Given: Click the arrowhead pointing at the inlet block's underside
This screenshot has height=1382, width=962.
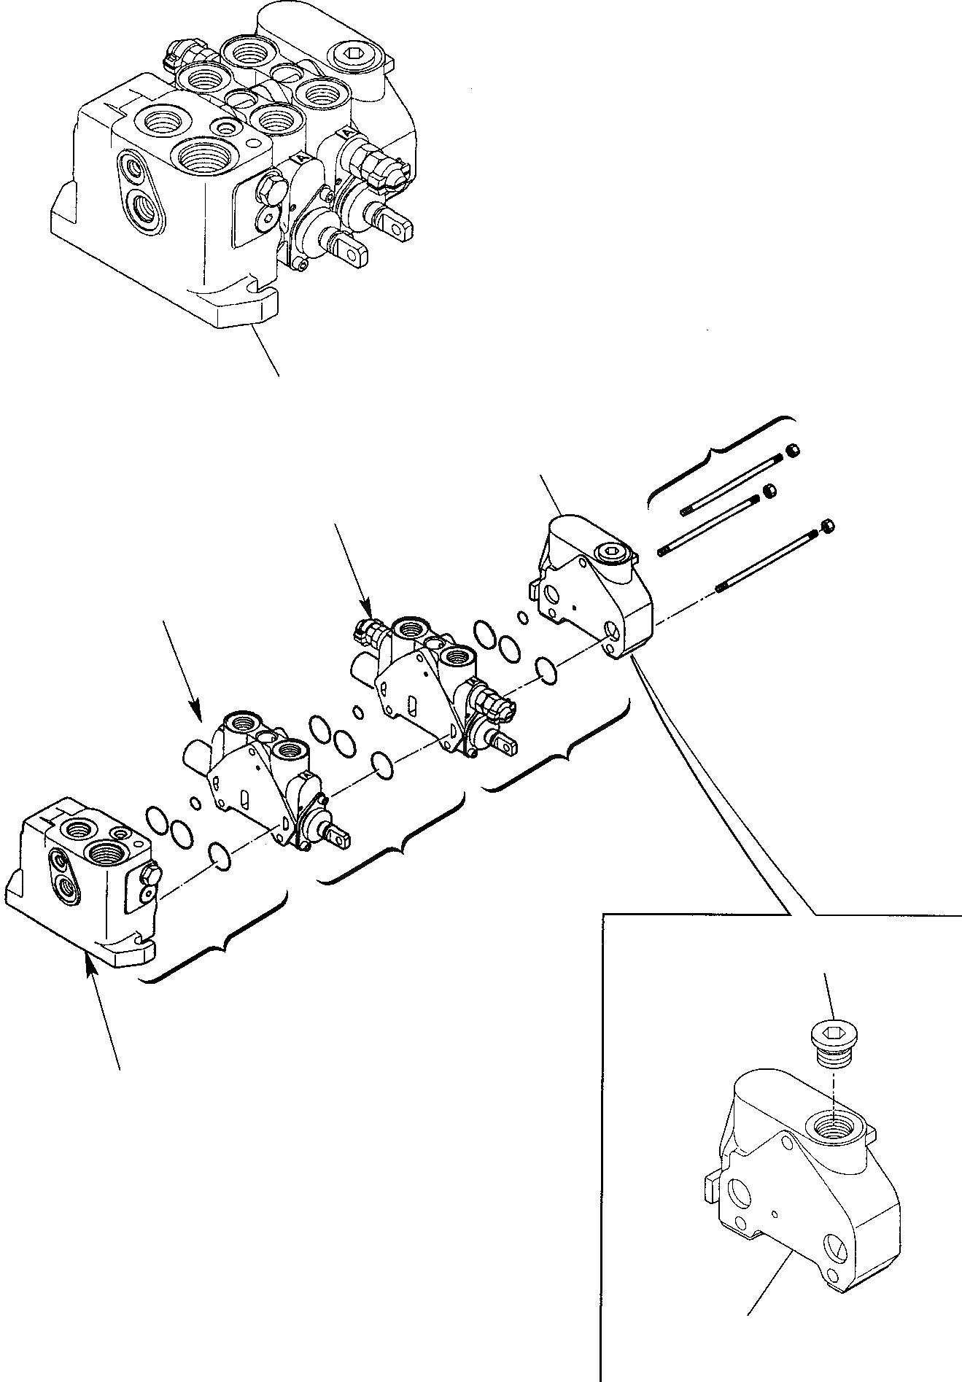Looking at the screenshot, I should click(90, 961).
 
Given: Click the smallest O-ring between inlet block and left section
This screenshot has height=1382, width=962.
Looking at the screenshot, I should click(195, 804).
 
